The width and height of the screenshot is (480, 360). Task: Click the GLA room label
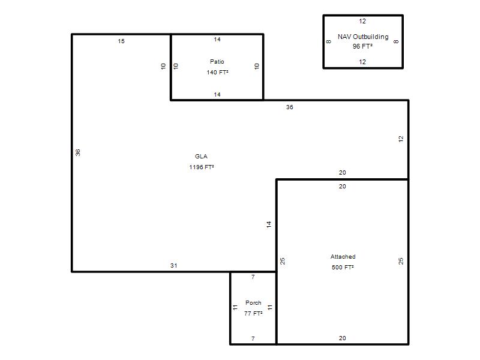[x=201, y=157]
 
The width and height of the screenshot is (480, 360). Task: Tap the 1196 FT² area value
[x=202, y=167]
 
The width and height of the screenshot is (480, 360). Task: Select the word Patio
[x=217, y=62]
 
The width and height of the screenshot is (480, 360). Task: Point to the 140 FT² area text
[x=217, y=72]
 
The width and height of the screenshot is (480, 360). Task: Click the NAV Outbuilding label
[x=363, y=37]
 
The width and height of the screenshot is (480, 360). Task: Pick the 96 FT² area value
[x=362, y=46]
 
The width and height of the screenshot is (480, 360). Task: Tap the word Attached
[x=343, y=257]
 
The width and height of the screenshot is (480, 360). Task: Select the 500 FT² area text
[x=343, y=267]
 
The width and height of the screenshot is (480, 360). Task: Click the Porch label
[x=253, y=303]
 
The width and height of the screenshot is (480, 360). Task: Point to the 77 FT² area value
[x=253, y=313]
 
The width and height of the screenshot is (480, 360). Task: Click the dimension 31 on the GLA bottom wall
[x=174, y=266]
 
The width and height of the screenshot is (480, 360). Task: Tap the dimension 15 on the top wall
[x=121, y=41]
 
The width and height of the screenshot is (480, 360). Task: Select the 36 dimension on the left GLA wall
[x=78, y=152]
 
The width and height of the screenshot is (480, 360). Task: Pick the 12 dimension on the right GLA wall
[x=401, y=139]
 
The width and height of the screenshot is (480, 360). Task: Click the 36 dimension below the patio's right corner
[x=290, y=107]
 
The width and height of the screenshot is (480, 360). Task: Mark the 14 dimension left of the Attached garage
[x=269, y=224]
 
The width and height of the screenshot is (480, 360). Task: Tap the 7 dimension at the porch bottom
[x=253, y=338]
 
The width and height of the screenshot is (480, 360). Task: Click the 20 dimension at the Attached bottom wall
[x=342, y=338]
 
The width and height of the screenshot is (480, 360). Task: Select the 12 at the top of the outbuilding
[x=362, y=21]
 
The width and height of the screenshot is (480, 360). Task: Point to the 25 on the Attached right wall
[x=401, y=261]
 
